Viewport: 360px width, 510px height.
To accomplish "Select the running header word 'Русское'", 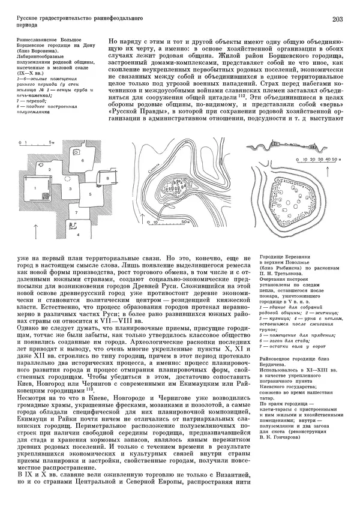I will point(28,20).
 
